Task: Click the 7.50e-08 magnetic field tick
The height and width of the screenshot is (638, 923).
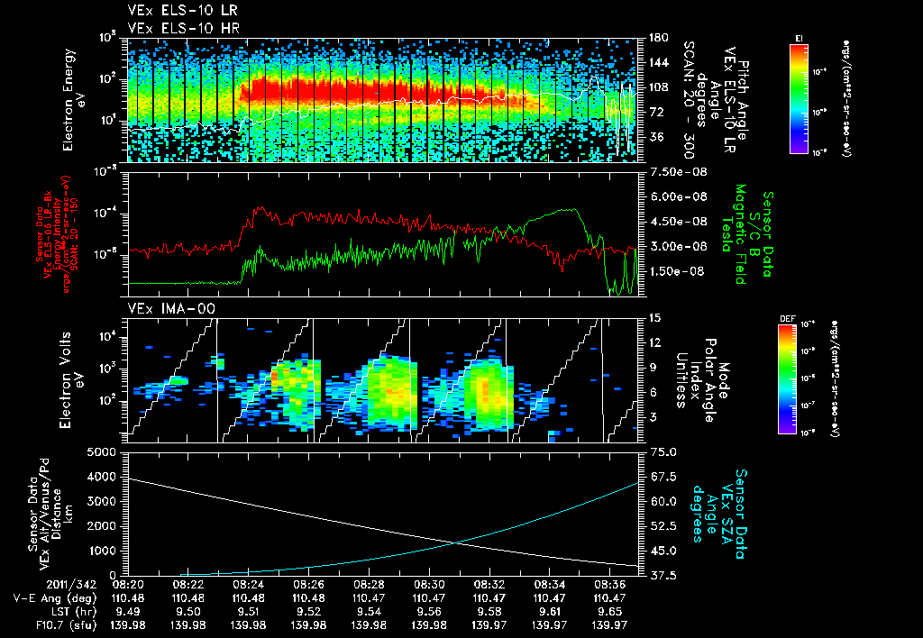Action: coord(669,171)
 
